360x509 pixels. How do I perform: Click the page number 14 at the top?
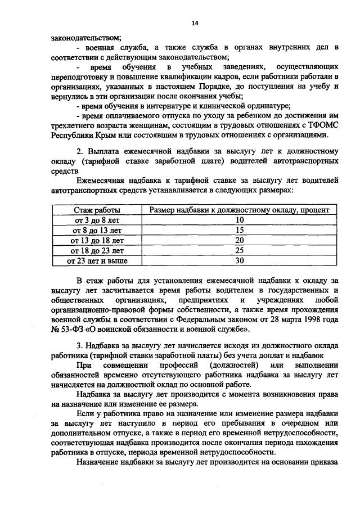[195, 22]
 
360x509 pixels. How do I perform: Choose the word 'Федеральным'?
[196, 319]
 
